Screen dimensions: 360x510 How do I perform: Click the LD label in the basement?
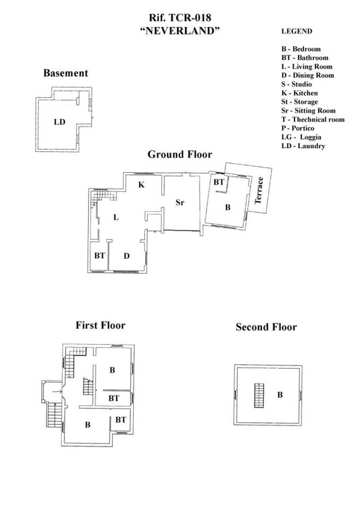(x=59, y=122)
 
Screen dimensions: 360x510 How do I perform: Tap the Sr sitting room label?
(x=180, y=202)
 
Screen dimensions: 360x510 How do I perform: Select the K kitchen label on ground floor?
(x=141, y=185)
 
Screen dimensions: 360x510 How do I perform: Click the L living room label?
(x=116, y=217)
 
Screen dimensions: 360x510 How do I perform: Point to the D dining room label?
(x=126, y=256)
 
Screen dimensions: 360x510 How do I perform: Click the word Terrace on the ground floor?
(x=259, y=190)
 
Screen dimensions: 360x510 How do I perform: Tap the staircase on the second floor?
(x=259, y=395)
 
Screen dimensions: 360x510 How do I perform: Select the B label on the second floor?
(x=280, y=395)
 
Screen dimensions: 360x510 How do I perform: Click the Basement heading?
(x=66, y=73)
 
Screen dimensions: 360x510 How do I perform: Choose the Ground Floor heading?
(x=180, y=154)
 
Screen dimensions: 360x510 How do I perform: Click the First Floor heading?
(x=100, y=325)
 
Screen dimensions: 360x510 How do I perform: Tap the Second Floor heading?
(x=267, y=327)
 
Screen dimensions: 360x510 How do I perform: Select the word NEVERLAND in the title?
(x=180, y=31)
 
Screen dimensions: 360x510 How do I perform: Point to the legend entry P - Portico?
(x=298, y=128)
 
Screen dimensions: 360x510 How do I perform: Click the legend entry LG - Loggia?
(x=302, y=137)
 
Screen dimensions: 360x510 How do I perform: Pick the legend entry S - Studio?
(x=297, y=84)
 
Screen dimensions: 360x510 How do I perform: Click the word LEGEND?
(x=297, y=31)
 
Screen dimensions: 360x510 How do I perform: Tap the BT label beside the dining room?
(x=99, y=256)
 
